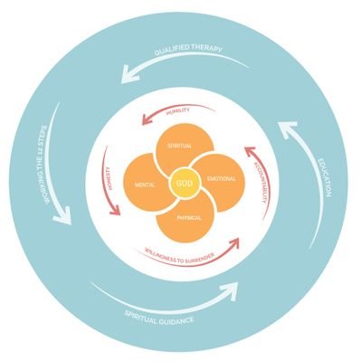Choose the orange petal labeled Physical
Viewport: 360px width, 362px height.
185,219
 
